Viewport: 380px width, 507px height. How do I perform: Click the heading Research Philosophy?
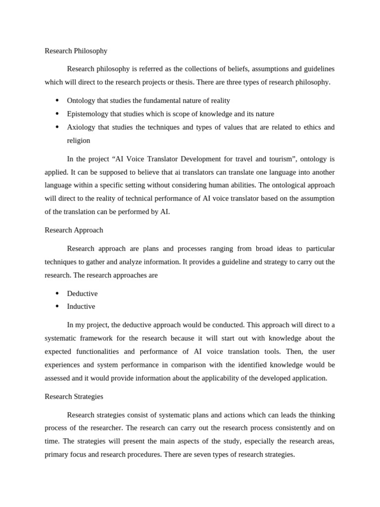pyautogui.click(x=76, y=51)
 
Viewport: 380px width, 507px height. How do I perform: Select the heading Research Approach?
pyautogui.click(x=74, y=230)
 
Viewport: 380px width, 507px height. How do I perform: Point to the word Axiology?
pyautogui.click(x=81, y=127)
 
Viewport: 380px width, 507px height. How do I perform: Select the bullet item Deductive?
pyautogui.click(x=82, y=294)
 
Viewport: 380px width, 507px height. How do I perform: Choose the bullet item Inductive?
pyautogui.click(x=81, y=306)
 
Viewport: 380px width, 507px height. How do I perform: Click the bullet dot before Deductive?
pyautogui.click(x=57, y=294)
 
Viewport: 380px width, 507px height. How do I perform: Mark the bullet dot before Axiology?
pyautogui.click(x=57, y=127)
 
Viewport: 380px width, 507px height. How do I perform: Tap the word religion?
pyautogui.click(x=79, y=141)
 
